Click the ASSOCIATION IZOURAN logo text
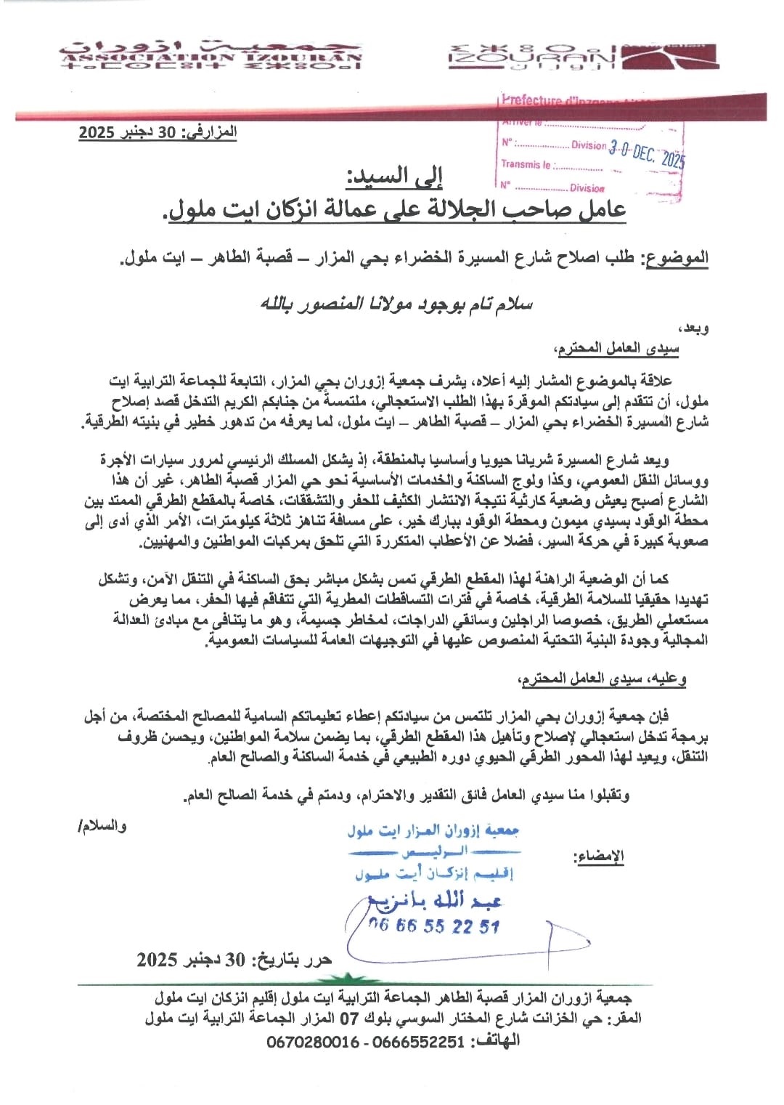pyautogui.click(x=211, y=56)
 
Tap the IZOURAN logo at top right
pyautogui.click(x=532, y=57)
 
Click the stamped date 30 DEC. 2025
pyautogui.click(x=646, y=153)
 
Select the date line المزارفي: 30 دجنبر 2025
pyautogui.click(x=158, y=132)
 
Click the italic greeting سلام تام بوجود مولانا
pyautogui.click(x=396, y=304)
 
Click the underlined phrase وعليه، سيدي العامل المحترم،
pyautogui.click(x=602, y=679)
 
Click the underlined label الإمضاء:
pyautogui.click(x=599, y=857)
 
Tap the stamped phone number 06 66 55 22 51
pyautogui.click(x=433, y=926)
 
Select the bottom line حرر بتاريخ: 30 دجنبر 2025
pyautogui.click(x=234, y=960)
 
